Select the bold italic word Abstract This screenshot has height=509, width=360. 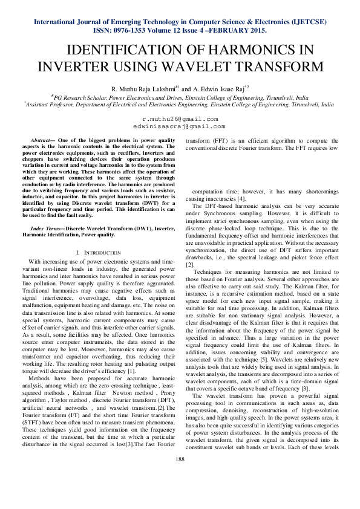pyautogui.click(x=42, y=140)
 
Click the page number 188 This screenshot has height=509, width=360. pyautogui.click(x=180, y=478)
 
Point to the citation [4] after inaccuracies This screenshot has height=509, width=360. pyautogui.click(x=241, y=199)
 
